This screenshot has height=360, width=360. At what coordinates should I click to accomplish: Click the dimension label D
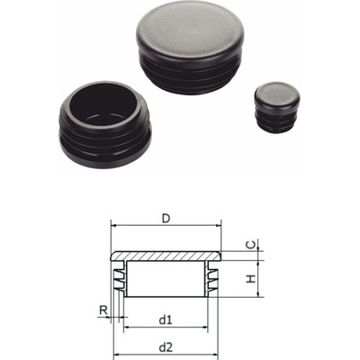click(x=166, y=219)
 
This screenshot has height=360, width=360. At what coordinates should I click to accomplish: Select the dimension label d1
click(x=166, y=320)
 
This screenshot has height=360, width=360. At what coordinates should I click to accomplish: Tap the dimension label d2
click(x=166, y=347)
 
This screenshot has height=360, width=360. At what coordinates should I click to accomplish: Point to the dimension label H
click(x=251, y=279)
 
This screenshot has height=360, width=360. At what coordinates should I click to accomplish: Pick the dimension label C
click(x=251, y=245)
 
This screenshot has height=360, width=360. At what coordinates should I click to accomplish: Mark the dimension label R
click(x=103, y=310)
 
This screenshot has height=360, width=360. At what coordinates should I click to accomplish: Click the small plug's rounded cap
click(x=277, y=94)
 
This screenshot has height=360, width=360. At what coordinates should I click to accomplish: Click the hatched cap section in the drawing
click(x=166, y=256)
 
